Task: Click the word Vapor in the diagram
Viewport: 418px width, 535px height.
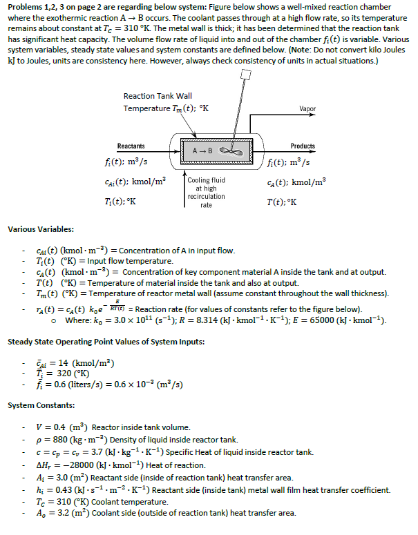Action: tap(307, 109)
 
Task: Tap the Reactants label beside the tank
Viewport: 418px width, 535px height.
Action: tap(131, 146)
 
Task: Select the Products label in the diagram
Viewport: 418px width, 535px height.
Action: tap(303, 146)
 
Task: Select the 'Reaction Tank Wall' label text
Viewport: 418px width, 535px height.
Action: tap(158, 96)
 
